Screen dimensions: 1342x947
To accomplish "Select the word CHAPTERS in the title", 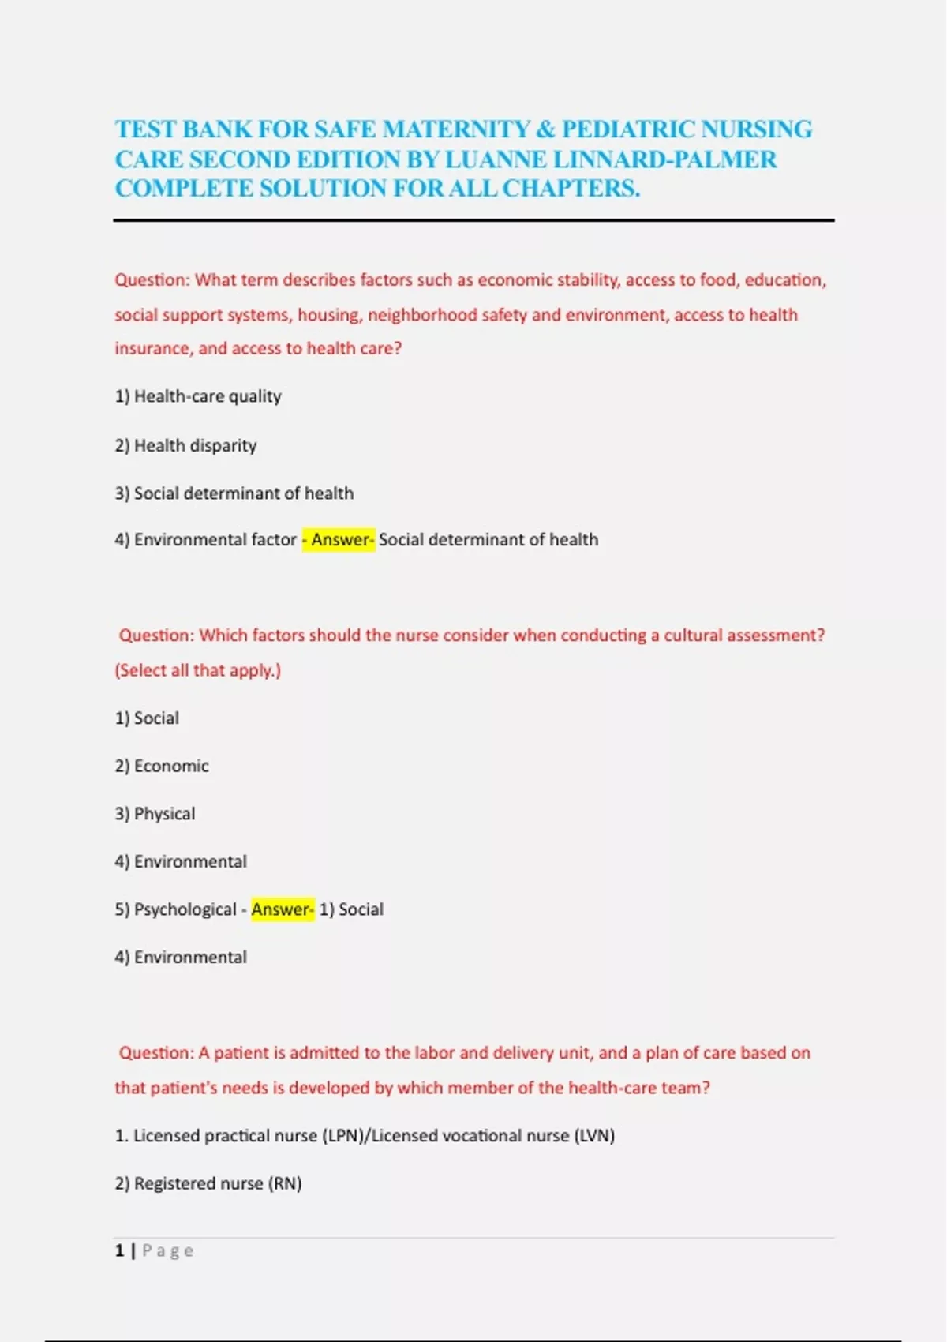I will [x=571, y=189].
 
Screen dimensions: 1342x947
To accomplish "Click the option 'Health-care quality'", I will [x=207, y=396].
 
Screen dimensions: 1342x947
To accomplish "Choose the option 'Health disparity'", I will [x=195, y=446].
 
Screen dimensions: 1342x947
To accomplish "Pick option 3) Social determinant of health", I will [x=234, y=493].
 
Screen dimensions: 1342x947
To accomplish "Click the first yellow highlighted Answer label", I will [x=339, y=540].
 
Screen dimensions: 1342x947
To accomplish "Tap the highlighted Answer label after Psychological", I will [x=282, y=909].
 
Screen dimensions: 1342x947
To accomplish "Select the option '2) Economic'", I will [x=162, y=767].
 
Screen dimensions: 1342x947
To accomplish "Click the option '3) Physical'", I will [x=155, y=814].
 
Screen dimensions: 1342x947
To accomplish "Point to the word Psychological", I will [x=185, y=909].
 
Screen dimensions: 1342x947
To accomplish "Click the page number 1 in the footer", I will [x=120, y=1250].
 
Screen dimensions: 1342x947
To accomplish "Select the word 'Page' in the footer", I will [x=167, y=1251].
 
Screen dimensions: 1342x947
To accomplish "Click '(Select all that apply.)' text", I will [x=197, y=670].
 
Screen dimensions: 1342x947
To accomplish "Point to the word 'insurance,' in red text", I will [x=153, y=349].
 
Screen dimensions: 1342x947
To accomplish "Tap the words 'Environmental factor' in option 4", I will [x=215, y=540].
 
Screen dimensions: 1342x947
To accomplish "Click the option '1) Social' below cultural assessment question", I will [x=147, y=718].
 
